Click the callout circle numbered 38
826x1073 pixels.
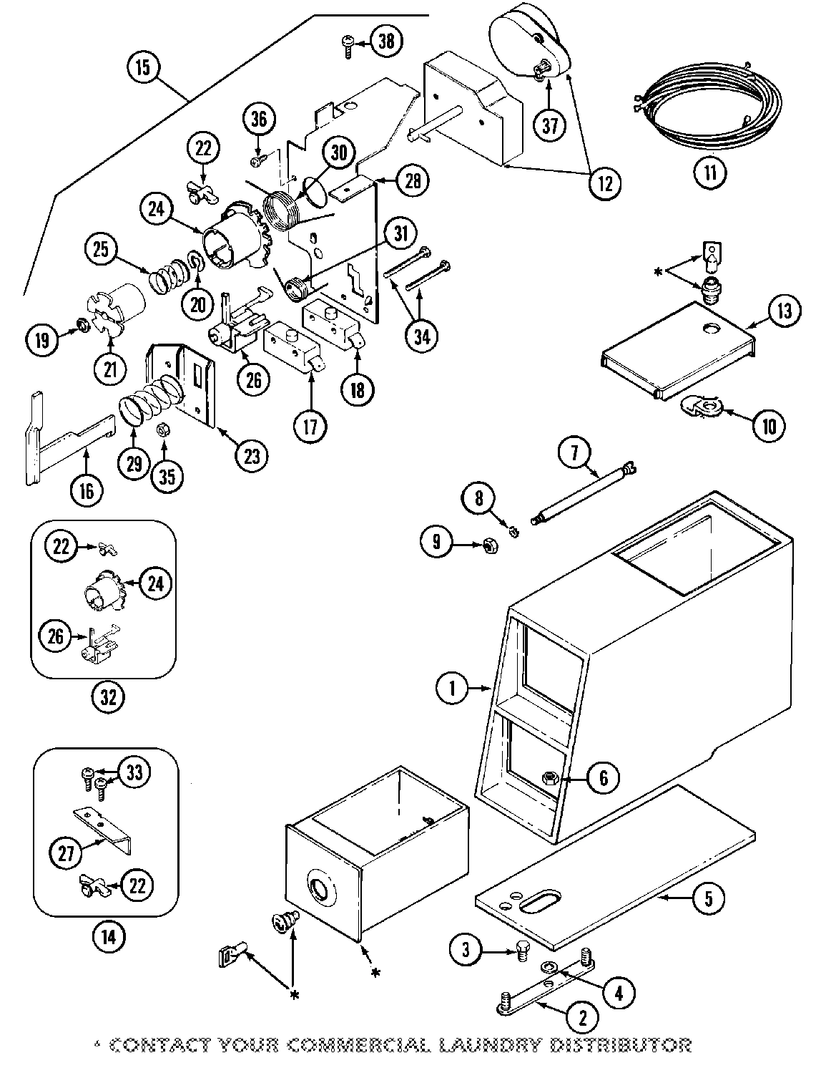[x=385, y=42]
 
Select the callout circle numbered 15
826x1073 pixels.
[x=142, y=68]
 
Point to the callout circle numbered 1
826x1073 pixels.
[x=452, y=689]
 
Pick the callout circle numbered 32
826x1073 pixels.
[x=107, y=696]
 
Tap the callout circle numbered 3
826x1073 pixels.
[x=466, y=950]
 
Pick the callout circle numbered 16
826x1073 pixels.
[x=87, y=490]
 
